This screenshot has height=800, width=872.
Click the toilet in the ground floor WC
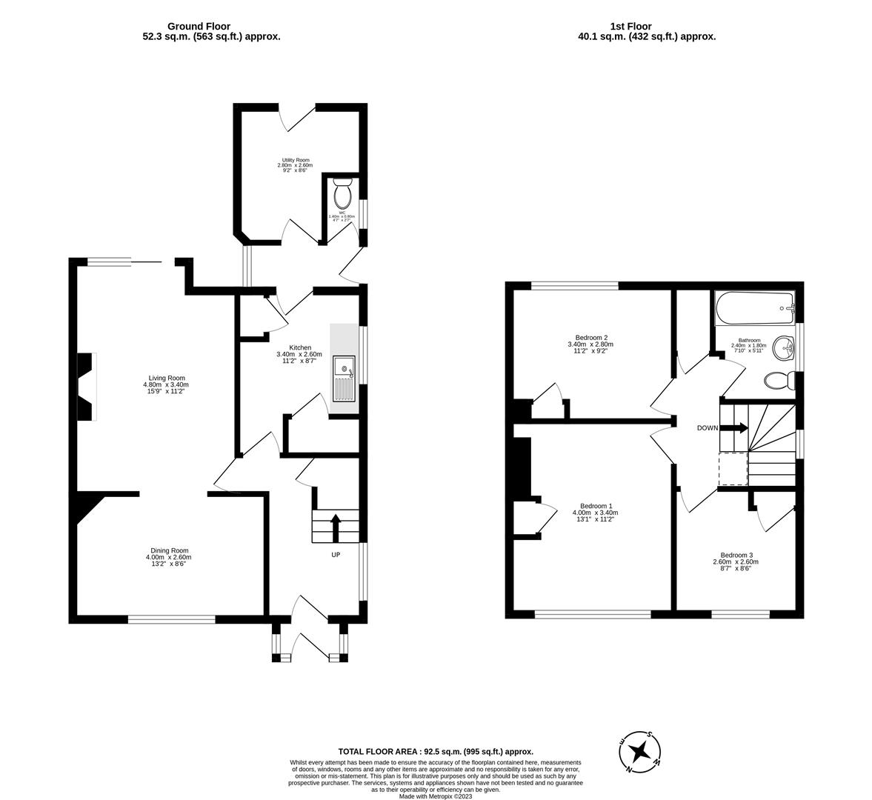342,194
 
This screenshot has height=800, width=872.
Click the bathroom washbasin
783,346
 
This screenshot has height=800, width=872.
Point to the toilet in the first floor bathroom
779,381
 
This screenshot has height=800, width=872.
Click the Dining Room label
170,550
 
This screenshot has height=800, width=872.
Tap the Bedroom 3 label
736,555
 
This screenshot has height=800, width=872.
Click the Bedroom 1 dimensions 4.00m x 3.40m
595,513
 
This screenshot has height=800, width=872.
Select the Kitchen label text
300,347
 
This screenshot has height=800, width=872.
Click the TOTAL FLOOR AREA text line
436,751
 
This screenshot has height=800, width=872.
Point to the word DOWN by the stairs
708,428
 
